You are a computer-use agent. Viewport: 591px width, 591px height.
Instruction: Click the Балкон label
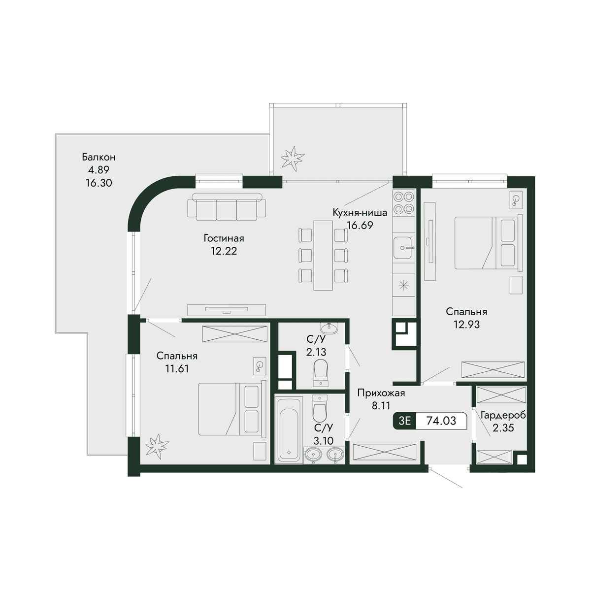(99, 157)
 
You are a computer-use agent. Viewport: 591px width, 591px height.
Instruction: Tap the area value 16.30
(99, 183)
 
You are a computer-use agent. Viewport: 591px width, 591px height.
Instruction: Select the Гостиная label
(224, 238)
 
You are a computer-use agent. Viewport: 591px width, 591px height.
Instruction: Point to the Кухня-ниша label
(360, 212)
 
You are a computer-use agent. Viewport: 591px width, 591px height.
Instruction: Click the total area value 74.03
(441, 421)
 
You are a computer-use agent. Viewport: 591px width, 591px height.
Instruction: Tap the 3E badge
(404, 421)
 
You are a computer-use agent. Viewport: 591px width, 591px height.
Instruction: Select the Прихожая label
(381, 393)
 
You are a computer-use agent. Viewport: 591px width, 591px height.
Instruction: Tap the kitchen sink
(404, 248)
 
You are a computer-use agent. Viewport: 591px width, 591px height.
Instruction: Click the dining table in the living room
(323, 255)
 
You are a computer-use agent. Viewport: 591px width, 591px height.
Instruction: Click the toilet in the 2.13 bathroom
(321, 372)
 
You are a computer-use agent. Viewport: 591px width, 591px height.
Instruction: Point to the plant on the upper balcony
(293, 159)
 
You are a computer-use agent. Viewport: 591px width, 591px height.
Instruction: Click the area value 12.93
(466, 324)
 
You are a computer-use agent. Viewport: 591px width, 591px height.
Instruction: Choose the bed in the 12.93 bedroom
(488, 243)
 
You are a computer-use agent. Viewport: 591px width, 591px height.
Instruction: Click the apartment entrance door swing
(446, 477)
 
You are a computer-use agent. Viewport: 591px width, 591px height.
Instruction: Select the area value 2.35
(503, 427)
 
